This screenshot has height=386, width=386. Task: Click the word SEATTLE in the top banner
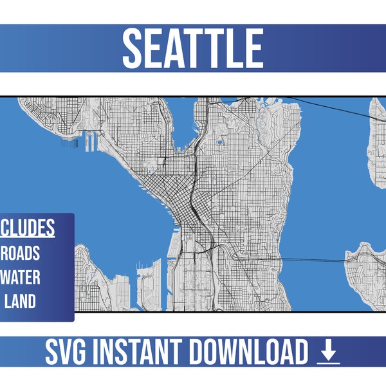[x=192, y=48]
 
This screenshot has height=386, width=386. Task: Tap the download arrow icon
[x=328, y=352]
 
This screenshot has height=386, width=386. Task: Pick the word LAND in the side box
[x=22, y=300]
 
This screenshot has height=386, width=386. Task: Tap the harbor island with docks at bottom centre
[x=147, y=286]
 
